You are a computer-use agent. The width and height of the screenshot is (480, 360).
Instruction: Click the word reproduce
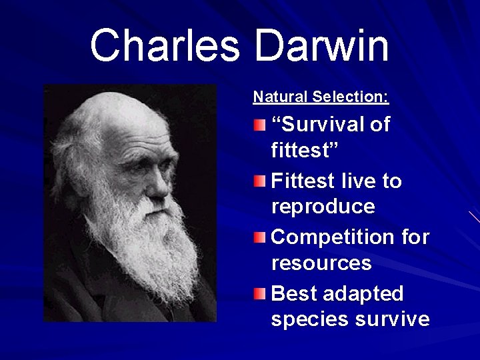pyautogui.click(x=323, y=207)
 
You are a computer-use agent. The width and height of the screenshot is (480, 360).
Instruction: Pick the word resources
pyautogui.click(x=321, y=263)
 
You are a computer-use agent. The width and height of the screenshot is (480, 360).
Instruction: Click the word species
pyautogui.click(x=309, y=319)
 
